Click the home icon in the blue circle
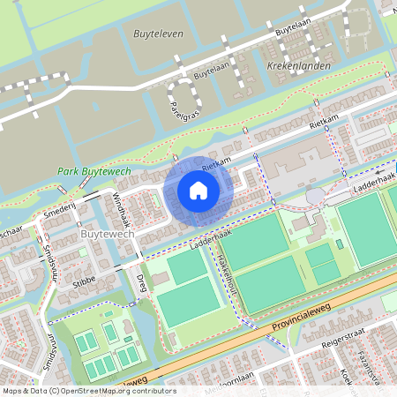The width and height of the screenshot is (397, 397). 198,190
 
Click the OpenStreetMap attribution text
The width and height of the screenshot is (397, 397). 88,391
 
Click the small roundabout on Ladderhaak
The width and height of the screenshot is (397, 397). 313,194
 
